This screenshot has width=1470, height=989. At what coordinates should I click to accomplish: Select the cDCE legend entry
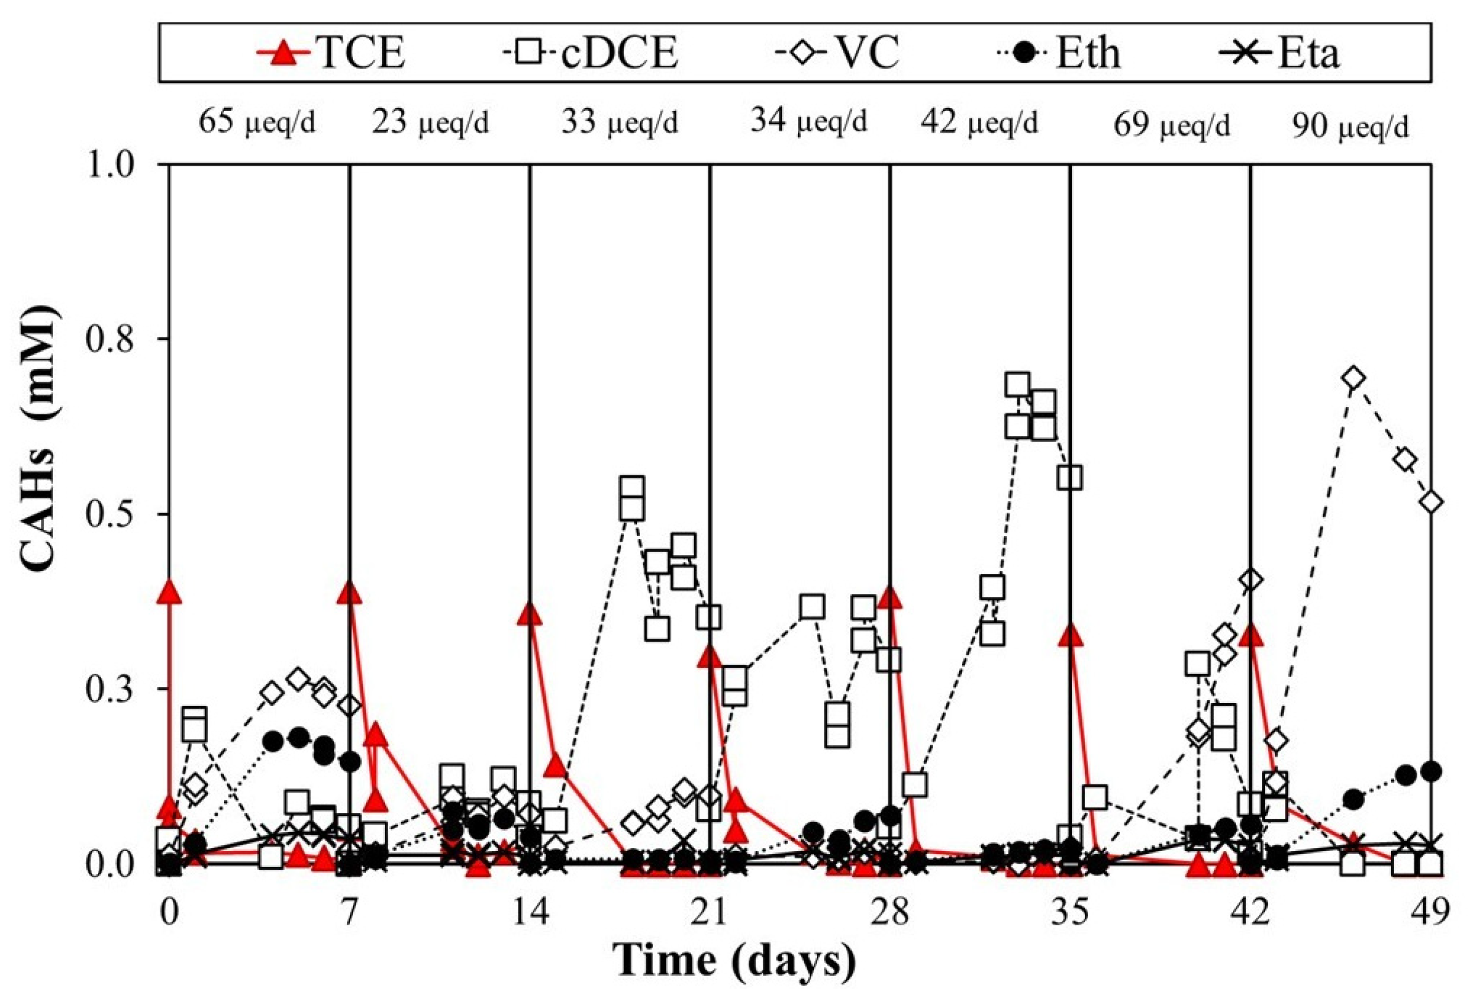pos(592,54)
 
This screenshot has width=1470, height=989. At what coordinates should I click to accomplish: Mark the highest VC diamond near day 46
pos(1352,378)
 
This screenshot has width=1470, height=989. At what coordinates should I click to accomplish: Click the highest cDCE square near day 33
pos(1018,384)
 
